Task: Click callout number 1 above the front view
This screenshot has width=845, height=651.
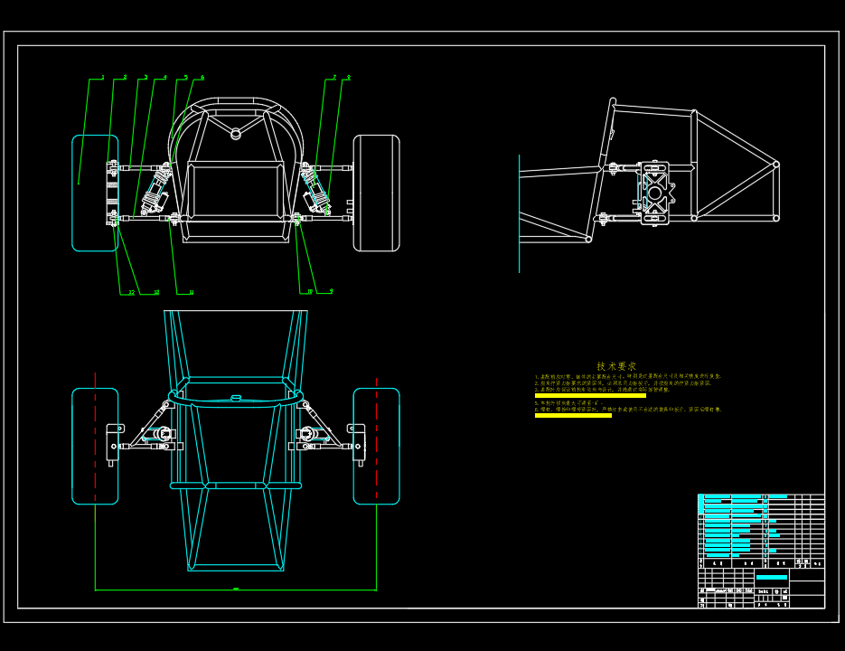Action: [x=102, y=78]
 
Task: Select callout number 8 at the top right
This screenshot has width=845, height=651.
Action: [x=348, y=78]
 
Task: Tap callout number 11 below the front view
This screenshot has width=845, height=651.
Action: [x=191, y=292]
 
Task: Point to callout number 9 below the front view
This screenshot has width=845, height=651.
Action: [x=331, y=291]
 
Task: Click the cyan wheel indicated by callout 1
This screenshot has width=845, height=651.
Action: [x=94, y=193]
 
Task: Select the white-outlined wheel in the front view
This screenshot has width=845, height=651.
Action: [x=376, y=193]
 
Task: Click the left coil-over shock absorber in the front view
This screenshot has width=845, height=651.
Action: [x=155, y=191]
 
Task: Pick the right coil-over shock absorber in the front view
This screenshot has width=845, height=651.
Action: [x=316, y=191]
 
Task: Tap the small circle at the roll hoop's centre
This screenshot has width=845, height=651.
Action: [x=236, y=134]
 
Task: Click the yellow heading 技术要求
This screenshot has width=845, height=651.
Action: [x=616, y=366]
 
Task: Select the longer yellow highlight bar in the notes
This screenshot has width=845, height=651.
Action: [x=590, y=395]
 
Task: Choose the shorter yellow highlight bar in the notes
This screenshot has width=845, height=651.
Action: [x=573, y=415]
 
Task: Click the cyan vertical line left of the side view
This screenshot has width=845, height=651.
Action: [x=520, y=213]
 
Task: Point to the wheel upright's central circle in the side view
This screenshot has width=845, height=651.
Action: [x=655, y=193]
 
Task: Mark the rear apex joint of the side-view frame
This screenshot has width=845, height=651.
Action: [x=775, y=165]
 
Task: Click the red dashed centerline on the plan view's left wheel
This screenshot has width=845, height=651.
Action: [x=95, y=446]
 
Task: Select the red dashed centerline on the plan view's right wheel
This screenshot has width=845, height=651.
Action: [x=376, y=446]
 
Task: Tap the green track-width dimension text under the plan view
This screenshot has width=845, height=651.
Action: [x=236, y=590]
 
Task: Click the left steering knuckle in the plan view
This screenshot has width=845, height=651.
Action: [x=114, y=442]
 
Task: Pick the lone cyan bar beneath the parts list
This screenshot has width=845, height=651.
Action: [x=771, y=576]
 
